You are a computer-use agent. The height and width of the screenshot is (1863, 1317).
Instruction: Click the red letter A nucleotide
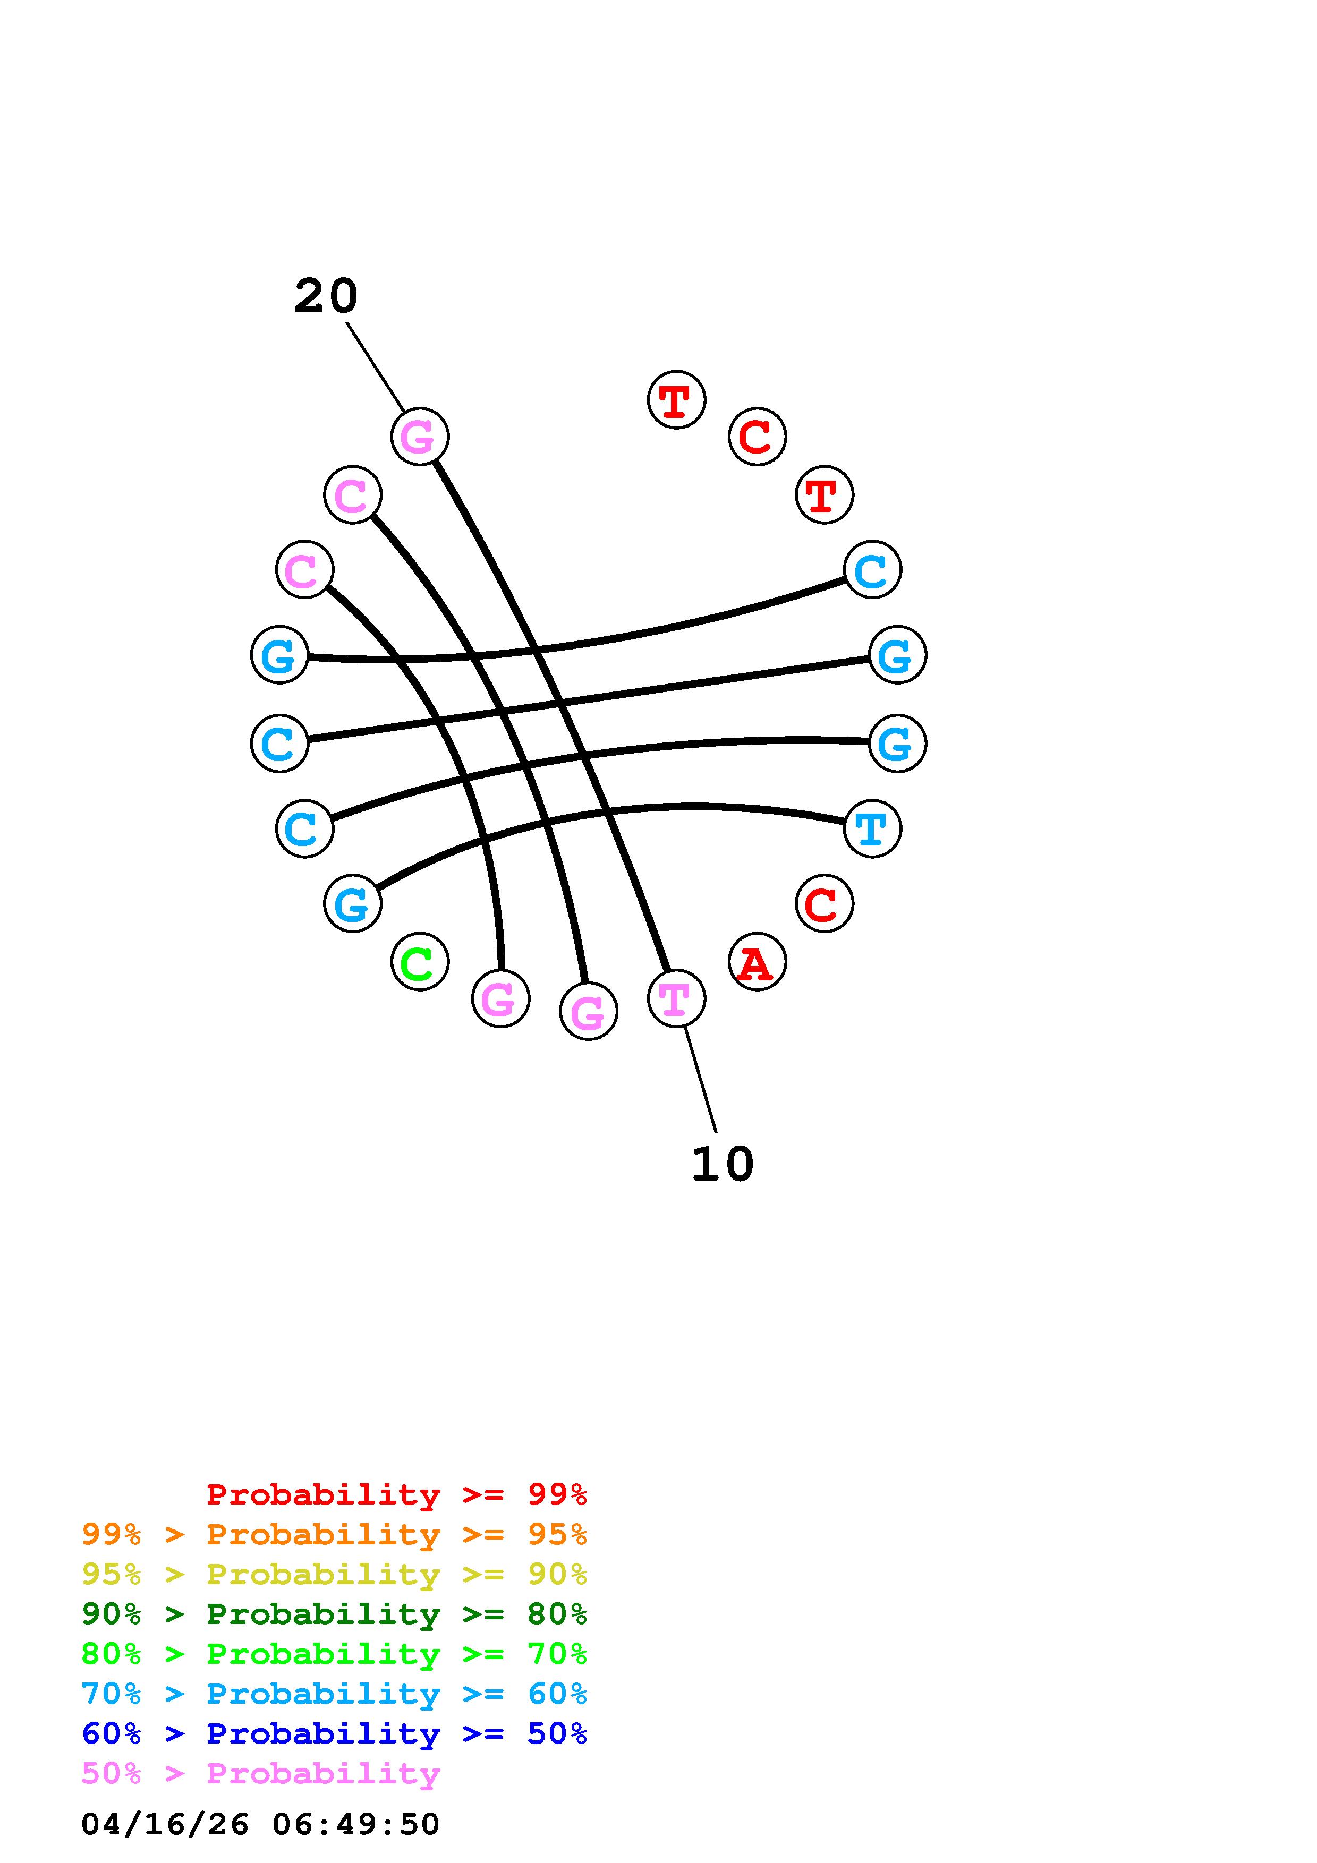[757, 962]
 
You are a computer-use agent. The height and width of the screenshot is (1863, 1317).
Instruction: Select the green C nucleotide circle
[420, 962]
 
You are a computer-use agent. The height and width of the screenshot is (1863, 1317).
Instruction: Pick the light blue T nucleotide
[872, 828]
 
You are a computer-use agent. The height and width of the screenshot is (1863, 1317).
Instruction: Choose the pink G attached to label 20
[420, 437]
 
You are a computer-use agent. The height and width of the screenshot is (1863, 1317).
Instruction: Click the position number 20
[325, 296]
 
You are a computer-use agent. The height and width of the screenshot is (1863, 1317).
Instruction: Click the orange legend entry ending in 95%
[334, 1534]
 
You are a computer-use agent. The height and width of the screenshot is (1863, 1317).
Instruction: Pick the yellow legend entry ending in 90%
[334, 1574]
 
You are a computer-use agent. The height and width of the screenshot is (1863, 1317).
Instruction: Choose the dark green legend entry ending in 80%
[334, 1614]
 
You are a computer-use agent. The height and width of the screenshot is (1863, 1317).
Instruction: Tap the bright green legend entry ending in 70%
[334, 1654]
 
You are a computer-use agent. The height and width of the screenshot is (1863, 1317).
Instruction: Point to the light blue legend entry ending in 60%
[334, 1694]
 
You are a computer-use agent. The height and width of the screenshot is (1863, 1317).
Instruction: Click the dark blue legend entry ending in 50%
[334, 1733]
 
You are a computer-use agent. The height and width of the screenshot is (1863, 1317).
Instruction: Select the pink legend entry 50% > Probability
[260, 1773]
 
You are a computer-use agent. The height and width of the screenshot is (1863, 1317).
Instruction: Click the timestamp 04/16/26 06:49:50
[260, 1824]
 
